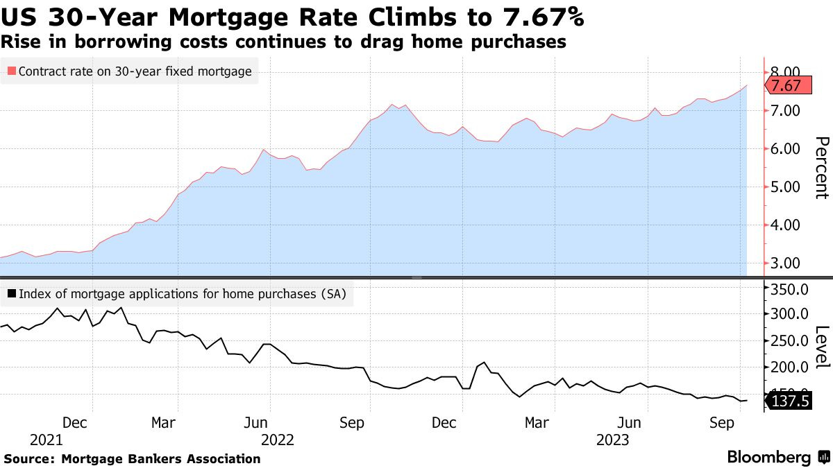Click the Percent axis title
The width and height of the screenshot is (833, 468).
[821, 168]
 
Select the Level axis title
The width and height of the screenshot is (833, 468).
[821, 347]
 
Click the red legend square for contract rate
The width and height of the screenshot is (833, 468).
[10, 71]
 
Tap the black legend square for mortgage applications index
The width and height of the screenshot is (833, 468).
[10, 294]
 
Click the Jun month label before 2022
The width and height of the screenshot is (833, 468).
[258, 422]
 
